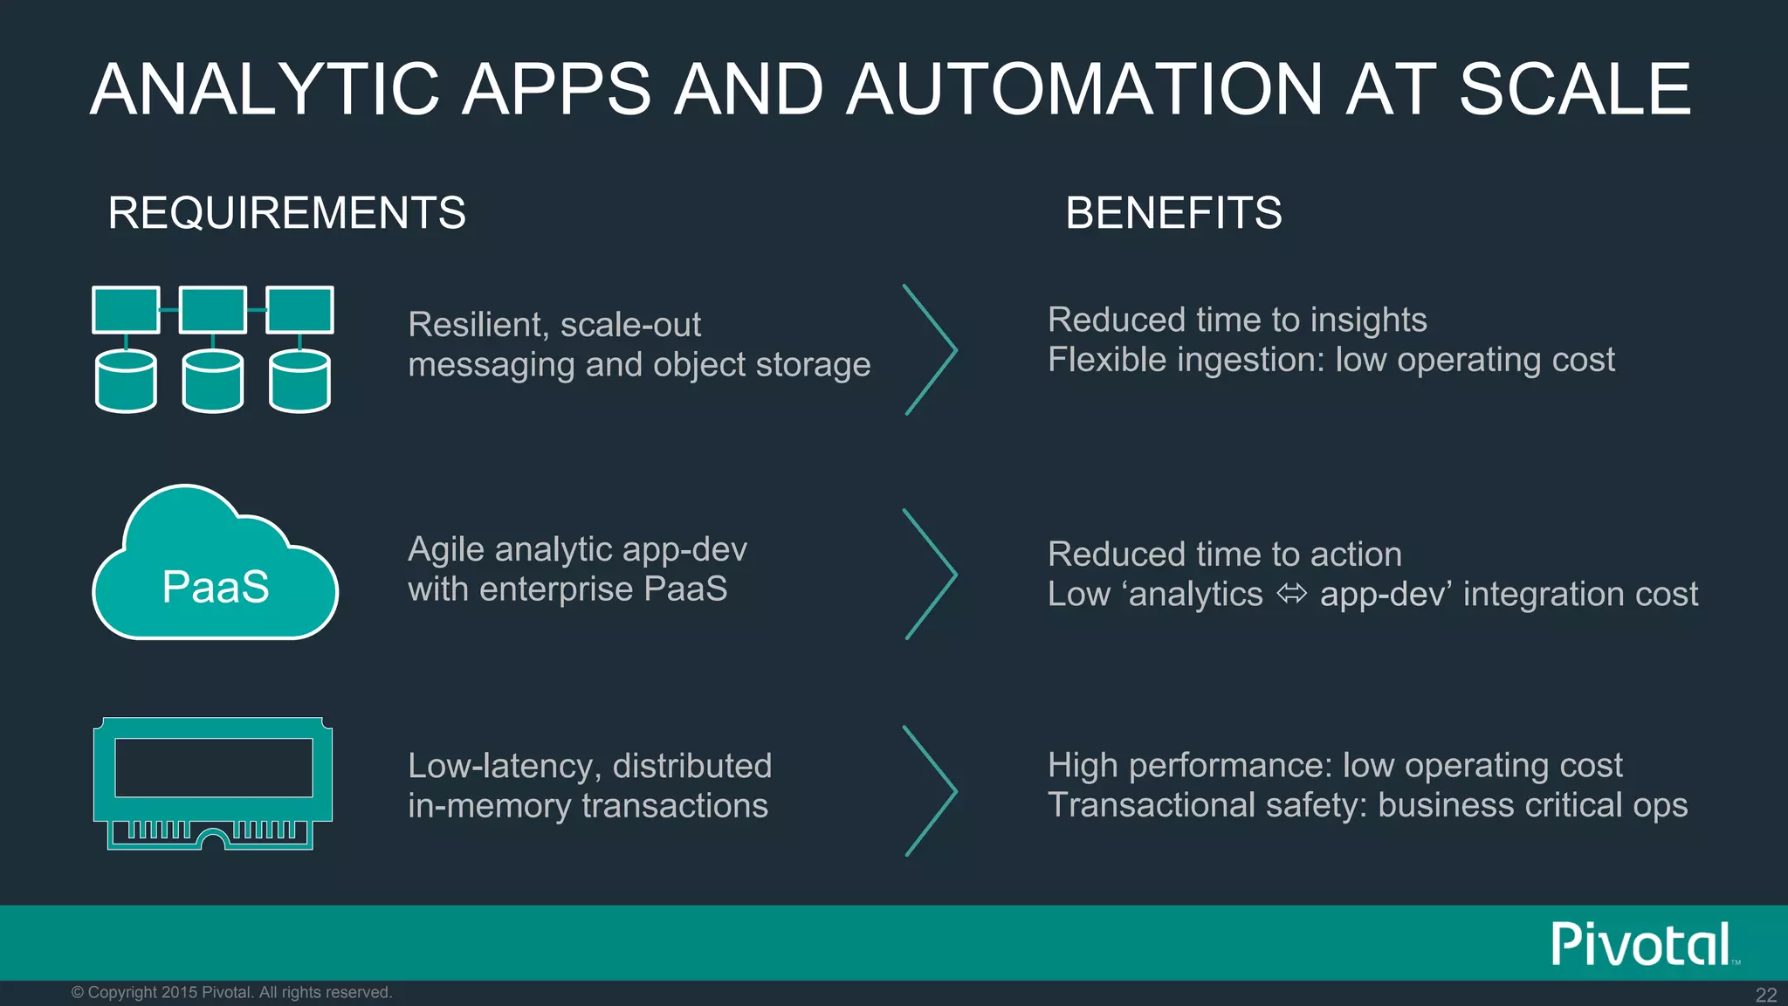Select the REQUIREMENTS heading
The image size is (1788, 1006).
pos(286,213)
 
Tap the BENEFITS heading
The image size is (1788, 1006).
pos(1173,213)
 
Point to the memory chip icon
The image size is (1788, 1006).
pos(212,782)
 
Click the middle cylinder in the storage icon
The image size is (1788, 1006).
pos(213,382)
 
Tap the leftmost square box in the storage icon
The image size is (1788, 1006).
pos(126,309)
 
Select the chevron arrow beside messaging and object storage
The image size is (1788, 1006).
pos(931,349)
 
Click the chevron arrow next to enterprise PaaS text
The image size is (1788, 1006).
pos(931,574)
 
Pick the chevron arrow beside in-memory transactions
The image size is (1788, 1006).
pos(931,790)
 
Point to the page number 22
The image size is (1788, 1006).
pos(1765,995)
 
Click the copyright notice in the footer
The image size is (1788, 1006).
pos(231,992)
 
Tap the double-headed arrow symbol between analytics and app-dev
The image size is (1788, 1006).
pos(1291,595)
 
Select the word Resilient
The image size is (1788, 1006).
pos(478,325)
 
